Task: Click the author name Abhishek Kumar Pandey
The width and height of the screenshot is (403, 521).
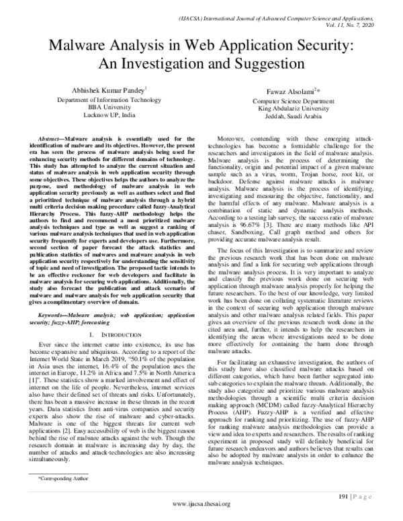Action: point(108,89)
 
